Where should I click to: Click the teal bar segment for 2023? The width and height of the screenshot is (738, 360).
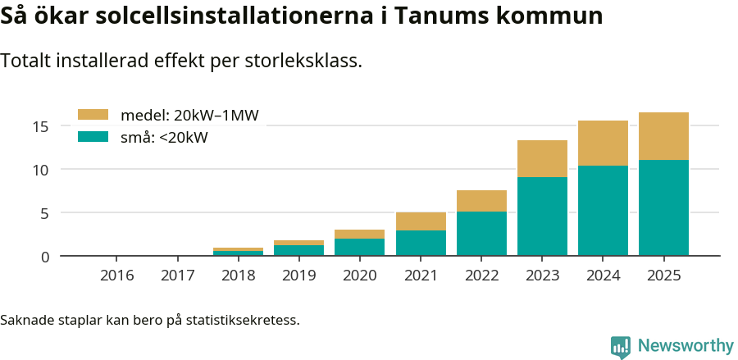tap(542, 216)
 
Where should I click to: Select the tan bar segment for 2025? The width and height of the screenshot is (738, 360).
tap(663, 136)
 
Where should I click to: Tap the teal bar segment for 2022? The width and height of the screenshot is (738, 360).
tap(481, 234)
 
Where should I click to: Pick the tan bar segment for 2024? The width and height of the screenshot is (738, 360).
tap(603, 144)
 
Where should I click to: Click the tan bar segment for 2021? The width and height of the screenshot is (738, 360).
tap(421, 221)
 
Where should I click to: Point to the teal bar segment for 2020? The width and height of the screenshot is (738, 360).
tap(360, 247)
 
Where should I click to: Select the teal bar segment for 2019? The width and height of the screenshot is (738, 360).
tap(299, 250)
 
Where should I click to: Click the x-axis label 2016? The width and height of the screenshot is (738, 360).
tap(117, 276)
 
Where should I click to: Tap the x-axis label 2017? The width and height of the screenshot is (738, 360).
tap(178, 276)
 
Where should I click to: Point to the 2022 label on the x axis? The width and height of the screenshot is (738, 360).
tap(481, 276)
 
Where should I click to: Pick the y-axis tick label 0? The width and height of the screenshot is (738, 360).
tap(46, 257)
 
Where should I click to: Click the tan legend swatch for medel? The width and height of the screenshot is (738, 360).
tap(93, 115)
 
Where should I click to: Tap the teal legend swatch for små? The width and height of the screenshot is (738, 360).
tap(93, 137)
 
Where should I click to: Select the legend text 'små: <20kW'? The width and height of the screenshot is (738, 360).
tap(164, 138)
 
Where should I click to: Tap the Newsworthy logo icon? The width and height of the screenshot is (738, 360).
tap(621, 347)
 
